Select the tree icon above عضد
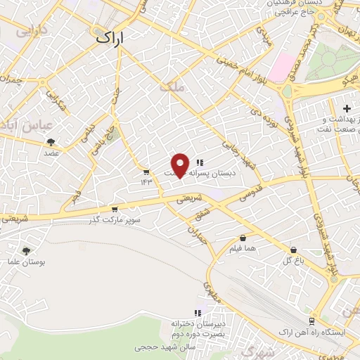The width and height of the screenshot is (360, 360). point(51,141)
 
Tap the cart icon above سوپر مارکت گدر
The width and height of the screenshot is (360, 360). point(115,209)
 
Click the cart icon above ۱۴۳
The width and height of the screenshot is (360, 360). point(146,172)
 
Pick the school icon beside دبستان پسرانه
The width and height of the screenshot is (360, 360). point(200,162)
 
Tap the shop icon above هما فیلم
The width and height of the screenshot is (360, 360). point(243,238)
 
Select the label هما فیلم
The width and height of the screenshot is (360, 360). point(243,249)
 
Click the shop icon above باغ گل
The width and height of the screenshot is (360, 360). point(293,250)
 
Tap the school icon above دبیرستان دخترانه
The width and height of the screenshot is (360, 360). point(198,313)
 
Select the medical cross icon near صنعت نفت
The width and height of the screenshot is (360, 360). point(346,108)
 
